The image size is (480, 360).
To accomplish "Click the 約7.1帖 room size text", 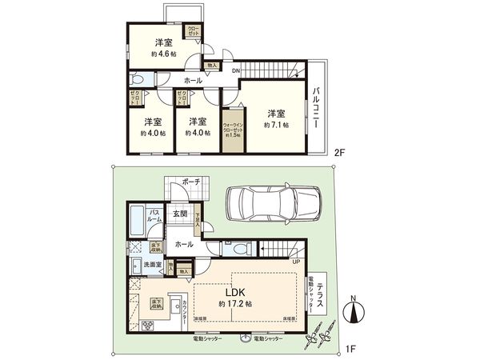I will click(277, 125).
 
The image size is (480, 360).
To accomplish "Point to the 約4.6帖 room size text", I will click(164, 54).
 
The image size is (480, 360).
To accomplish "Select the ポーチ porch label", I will click(190, 182).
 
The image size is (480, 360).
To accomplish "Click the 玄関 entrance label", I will click(181, 214).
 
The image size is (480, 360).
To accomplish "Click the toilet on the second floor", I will click(137, 81).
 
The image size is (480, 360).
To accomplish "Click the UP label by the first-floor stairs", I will click(297, 262).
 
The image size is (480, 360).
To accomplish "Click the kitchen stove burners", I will click(147, 326).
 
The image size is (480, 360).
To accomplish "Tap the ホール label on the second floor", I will click(193, 81).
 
